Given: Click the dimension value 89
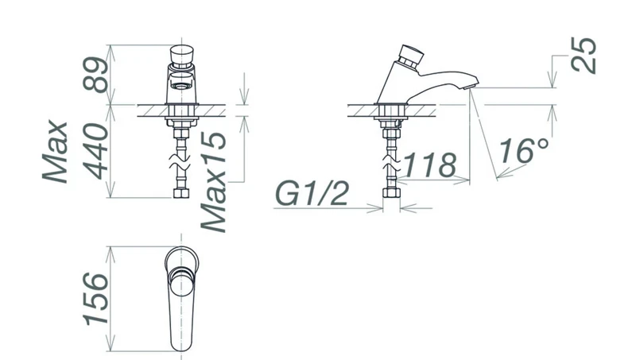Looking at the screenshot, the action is [x=95, y=74].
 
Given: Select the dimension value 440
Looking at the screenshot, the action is [x=95, y=151].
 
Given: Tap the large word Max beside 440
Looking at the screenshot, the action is [x=55, y=151].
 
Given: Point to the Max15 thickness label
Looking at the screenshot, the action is [x=214, y=182].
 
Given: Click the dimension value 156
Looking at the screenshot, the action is [x=96, y=299].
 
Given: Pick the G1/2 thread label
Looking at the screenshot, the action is [x=312, y=193].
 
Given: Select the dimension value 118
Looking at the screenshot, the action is [x=430, y=165].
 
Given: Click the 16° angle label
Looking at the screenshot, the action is [x=523, y=151].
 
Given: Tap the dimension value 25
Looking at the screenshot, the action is [x=584, y=55].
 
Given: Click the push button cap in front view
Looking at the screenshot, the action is [x=181, y=56].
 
